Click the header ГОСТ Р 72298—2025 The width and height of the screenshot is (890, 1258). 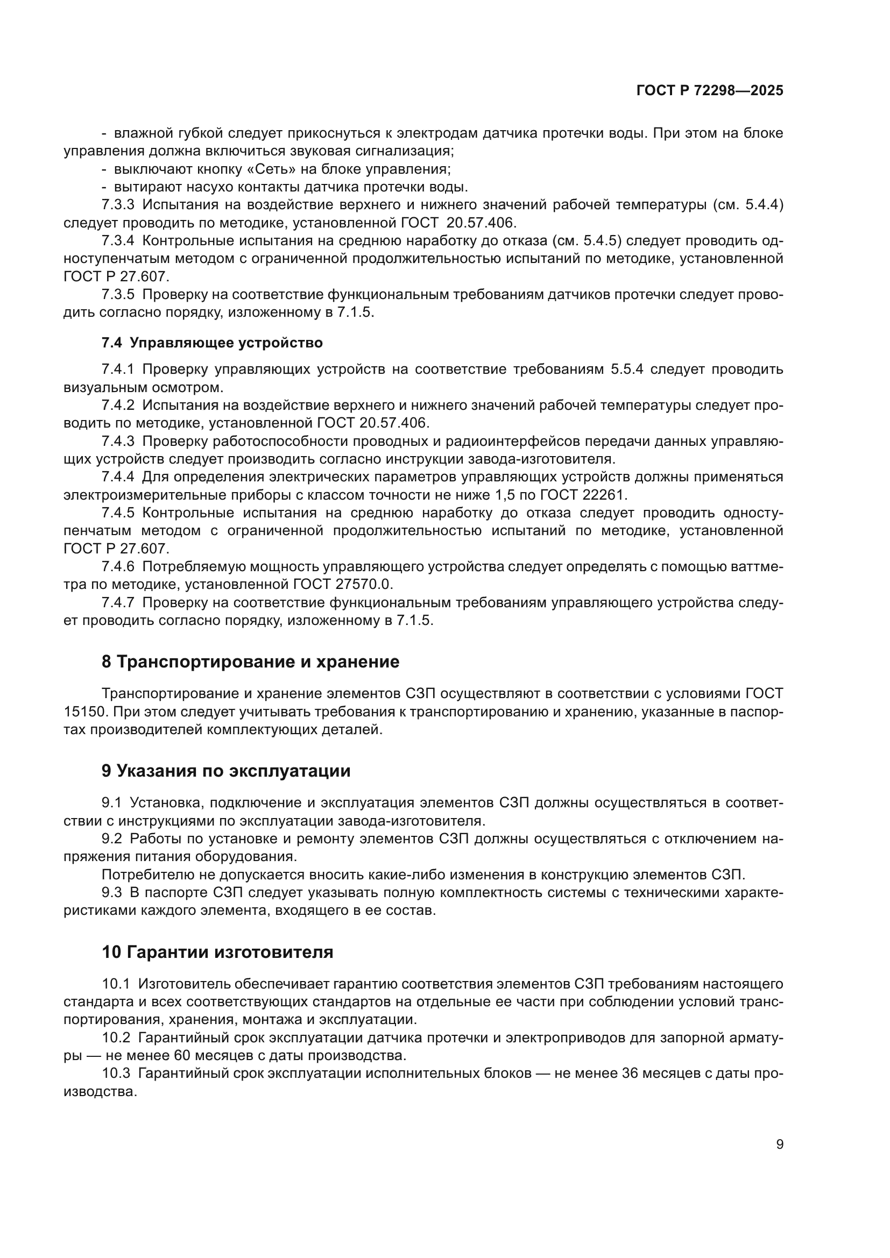pos(710,91)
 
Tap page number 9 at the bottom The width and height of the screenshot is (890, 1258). pos(780,1144)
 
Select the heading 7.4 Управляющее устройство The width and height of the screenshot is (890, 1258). pos(212,343)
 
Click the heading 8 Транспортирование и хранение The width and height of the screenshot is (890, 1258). pos(250,662)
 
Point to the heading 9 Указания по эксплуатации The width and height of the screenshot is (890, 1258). pos(226,771)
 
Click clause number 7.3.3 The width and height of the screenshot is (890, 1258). pos(118,205)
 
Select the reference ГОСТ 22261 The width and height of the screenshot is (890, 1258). pos(583,495)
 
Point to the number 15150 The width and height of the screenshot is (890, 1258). pos(83,712)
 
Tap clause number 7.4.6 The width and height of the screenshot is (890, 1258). pos(118,566)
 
